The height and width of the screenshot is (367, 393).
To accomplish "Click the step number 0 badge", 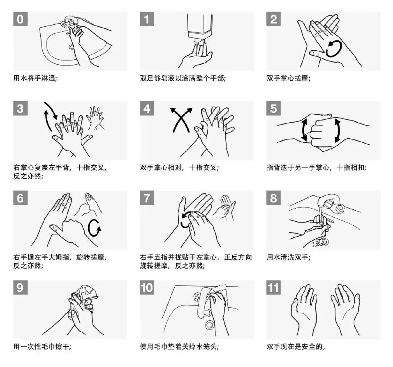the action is point(20,19).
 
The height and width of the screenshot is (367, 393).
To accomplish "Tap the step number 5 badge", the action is point(273,108).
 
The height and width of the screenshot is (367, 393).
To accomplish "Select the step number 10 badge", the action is point(147,288).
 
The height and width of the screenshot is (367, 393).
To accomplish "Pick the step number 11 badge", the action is point(273,288).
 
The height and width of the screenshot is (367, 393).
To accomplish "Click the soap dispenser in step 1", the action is point(200,28).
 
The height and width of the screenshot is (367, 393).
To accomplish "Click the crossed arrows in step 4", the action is point(181,120).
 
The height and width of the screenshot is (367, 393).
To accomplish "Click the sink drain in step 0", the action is point(71,47).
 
